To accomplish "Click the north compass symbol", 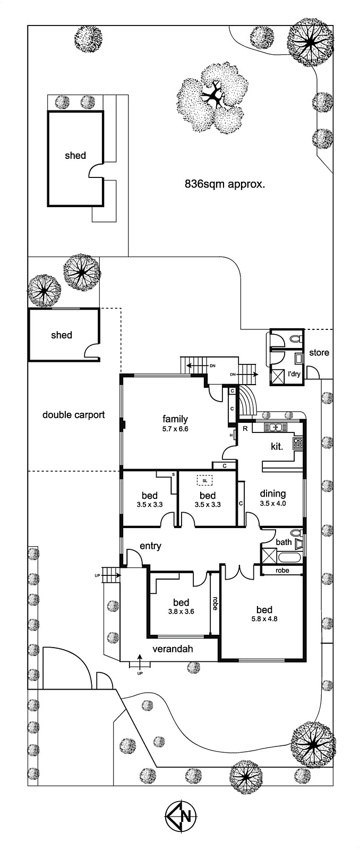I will point(179,814).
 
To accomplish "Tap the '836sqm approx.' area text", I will point(225,184).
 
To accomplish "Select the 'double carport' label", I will point(73,415).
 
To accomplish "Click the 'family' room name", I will point(175,419).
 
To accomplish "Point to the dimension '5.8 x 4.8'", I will point(264,618).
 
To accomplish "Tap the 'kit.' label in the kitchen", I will point(277,446).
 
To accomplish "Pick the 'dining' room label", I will point(273,494).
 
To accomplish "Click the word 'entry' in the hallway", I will point(150,546).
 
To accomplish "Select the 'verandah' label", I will point(173,649).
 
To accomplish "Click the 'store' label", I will point(319,352).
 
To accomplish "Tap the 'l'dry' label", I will point(294,373).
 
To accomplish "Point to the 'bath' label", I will point(284,542).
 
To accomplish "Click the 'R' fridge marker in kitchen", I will point(245,428).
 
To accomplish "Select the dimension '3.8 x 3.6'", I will point(181,611).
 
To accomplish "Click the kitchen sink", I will point(275,427).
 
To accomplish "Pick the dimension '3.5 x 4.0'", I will point(273,503).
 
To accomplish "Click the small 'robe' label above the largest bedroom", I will point(282,571).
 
